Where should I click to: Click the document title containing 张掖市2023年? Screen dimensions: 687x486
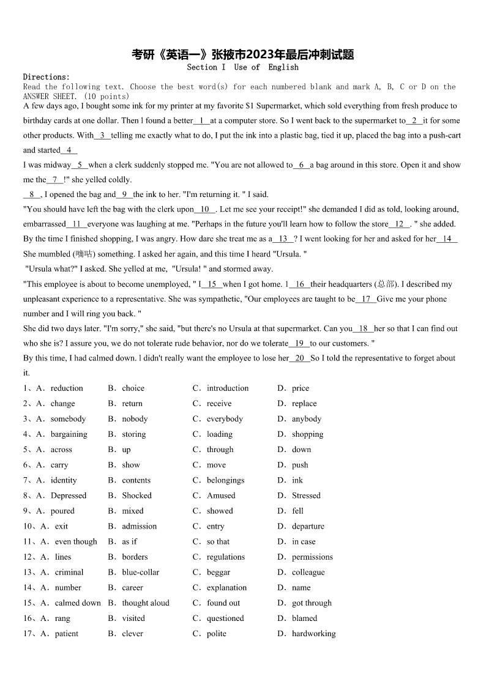(x=243, y=54)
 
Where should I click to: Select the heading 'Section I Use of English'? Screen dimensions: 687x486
(x=242, y=67)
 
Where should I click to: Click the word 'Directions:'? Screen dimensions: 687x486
(x=47, y=77)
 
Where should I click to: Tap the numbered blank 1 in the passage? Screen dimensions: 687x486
(x=201, y=121)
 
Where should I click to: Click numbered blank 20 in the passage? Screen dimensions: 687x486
(x=299, y=358)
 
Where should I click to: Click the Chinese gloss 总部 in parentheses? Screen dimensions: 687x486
(x=386, y=284)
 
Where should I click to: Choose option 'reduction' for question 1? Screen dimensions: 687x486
(x=67, y=388)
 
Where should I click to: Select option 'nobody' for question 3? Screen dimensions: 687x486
(x=135, y=419)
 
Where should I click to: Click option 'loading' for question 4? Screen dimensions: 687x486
(x=219, y=434)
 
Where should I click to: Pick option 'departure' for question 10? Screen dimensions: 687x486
(x=308, y=526)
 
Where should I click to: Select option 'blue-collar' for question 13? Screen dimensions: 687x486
(x=140, y=573)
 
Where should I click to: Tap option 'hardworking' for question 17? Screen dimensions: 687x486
(x=313, y=634)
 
